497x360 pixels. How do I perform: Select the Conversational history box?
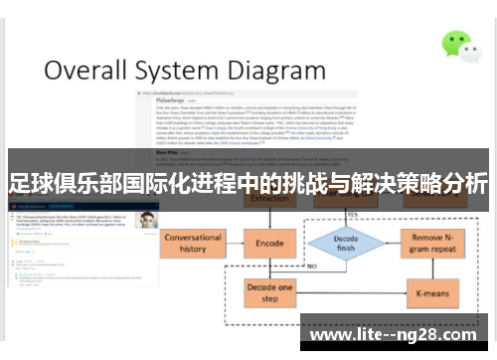tap(193, 243)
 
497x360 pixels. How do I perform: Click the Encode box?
tap(269, 242)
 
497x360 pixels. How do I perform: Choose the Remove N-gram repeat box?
tap(434, 243)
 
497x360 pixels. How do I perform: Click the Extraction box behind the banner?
tap(269, 200)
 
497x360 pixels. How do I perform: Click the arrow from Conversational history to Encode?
tap(233, 243)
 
